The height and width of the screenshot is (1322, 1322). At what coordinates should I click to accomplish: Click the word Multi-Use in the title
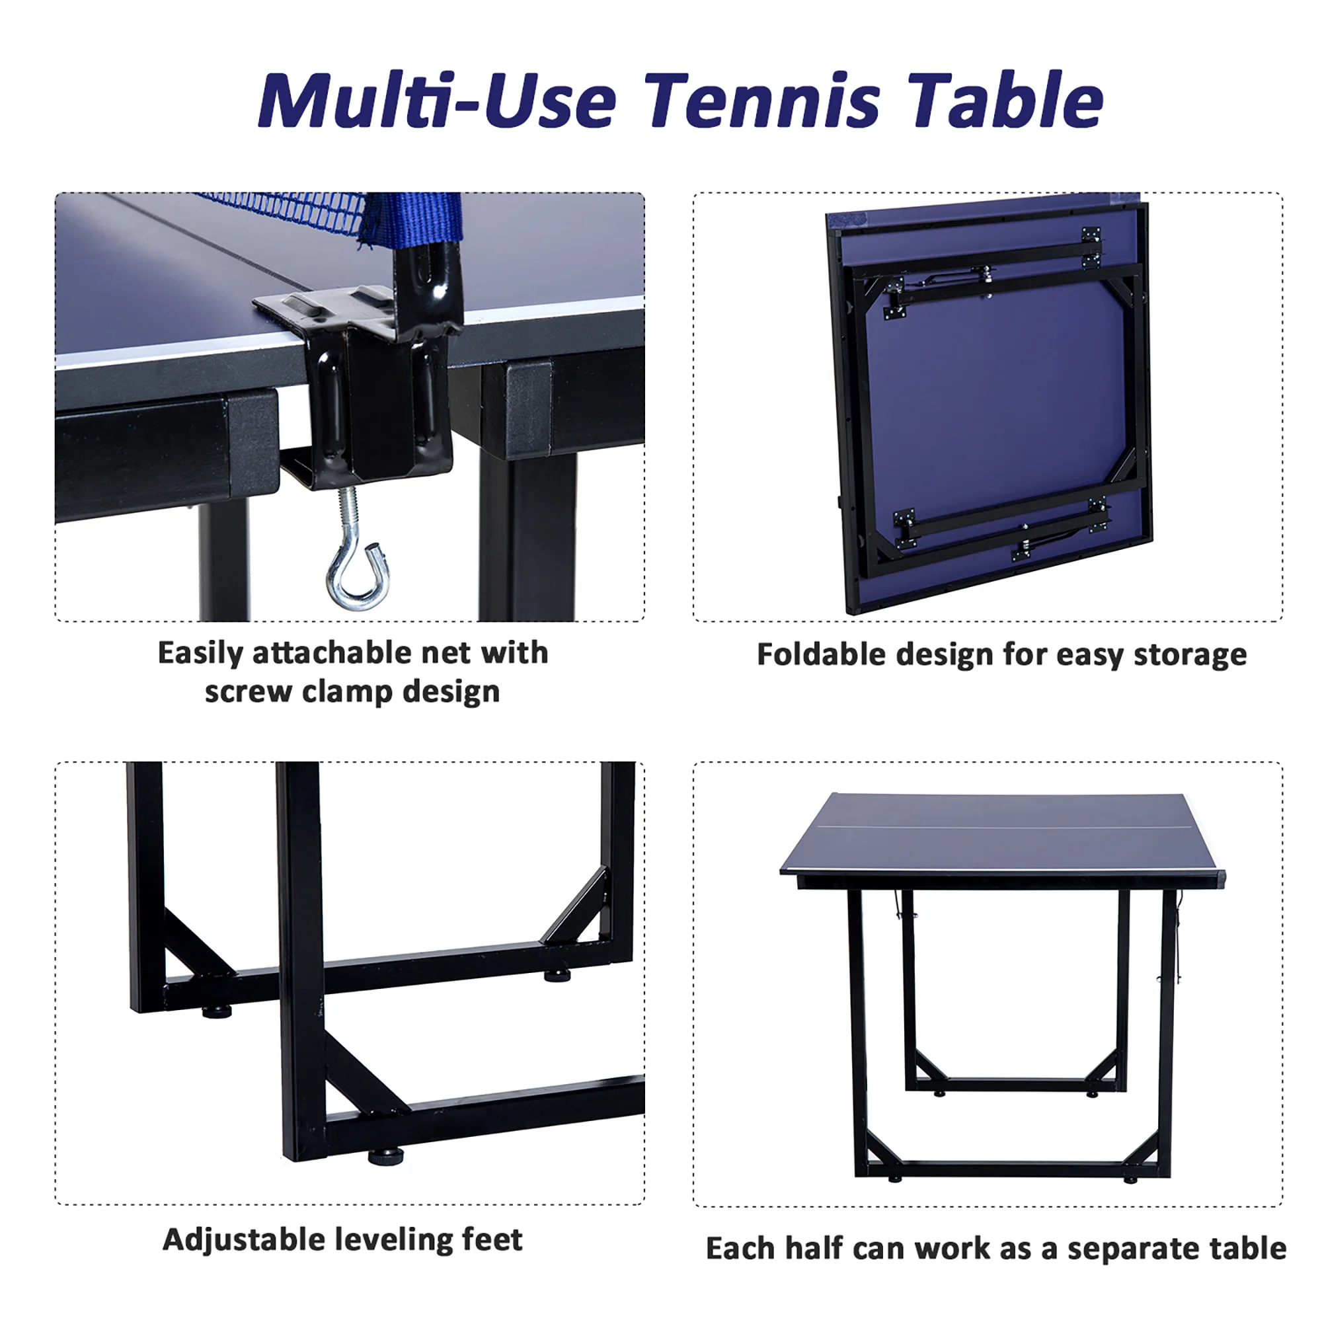(436, 101)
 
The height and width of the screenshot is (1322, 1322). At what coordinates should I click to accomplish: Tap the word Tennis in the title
(761, 101)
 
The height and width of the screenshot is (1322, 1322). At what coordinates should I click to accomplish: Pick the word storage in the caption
(1190, 654)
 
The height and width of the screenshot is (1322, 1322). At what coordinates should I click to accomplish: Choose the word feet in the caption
(492, 1240)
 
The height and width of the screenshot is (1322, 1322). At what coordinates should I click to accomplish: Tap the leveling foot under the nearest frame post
(386, 1156)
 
